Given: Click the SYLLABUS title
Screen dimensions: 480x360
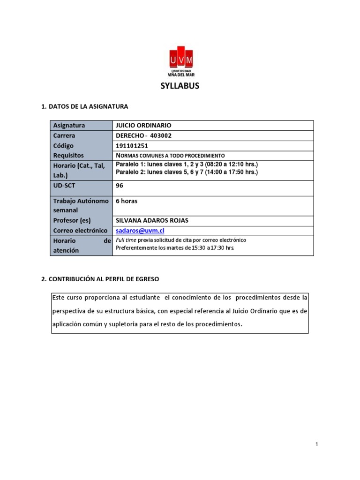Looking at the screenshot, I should click(180, 86).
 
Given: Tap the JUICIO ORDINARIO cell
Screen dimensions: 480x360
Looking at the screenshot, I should click(143, 126).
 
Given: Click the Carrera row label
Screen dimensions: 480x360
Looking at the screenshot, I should click(64, 135).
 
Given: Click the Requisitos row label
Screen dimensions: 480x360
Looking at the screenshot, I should click(68, 155).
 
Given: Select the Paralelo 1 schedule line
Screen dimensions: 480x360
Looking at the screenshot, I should click(187, 165).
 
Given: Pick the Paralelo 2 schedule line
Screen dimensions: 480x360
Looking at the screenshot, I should click(187, 172).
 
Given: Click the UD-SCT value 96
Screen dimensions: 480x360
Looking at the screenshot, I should click(120, 185).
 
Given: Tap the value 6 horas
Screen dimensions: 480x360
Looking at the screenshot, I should click(127, 201).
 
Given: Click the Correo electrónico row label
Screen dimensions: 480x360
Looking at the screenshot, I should click(80, 231).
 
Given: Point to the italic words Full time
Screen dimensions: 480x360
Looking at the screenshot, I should click(126, 240).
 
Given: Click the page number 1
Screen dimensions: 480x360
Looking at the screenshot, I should click(317, 444).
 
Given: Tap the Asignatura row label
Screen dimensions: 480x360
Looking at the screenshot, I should click(69, 126).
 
